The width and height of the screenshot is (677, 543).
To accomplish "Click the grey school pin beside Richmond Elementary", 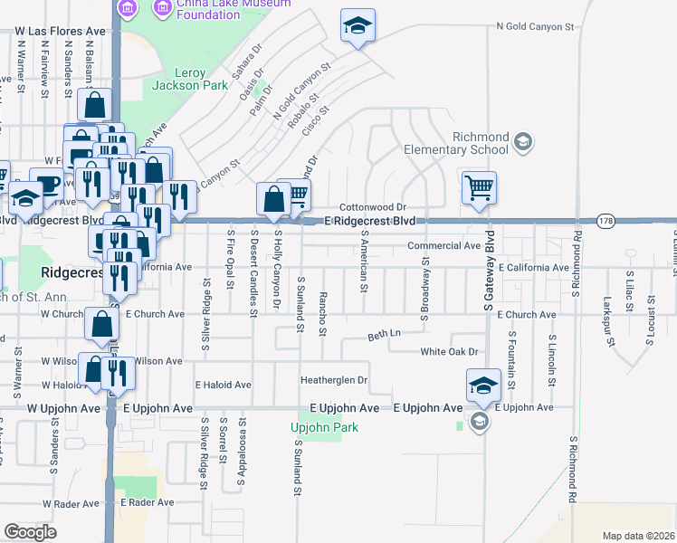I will click(x=523, y=141).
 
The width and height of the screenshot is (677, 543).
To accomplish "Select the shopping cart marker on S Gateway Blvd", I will click(x=479, y=189).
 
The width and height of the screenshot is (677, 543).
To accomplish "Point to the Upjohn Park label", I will click(x=324, y=427).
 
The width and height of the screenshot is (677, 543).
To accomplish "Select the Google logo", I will click(x=30, y=531).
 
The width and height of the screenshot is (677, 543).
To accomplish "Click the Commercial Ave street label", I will click(x=443, y=245).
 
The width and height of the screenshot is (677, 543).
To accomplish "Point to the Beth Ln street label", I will click(x=384, y=336).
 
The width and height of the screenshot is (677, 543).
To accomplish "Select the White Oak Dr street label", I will click(x=448, y=351).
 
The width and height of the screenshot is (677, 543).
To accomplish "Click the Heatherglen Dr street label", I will click(x=335, y=380).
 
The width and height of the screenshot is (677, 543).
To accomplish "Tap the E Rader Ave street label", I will click(x=147, y=502).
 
